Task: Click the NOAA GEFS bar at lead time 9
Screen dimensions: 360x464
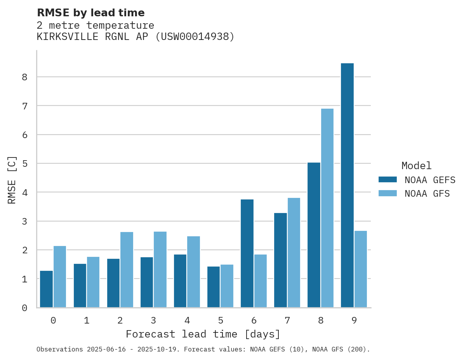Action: point(347,185)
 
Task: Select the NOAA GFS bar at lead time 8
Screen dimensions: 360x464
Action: point(327,208)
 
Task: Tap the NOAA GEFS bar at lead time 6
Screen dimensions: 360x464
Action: point(247,253)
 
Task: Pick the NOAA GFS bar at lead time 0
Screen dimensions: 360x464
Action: point(60,277)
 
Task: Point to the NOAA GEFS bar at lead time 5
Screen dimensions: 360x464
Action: point(214,287)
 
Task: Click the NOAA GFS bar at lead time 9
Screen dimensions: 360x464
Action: point(360,269)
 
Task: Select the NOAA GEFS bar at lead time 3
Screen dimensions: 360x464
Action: point(147,282)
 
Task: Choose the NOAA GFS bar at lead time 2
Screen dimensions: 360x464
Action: point(127,270)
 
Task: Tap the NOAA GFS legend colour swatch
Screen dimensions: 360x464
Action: point(388,193)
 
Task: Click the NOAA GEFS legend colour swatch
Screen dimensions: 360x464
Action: point(388,179)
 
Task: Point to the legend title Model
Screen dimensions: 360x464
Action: point(416,166)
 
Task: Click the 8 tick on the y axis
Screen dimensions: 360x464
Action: point(24,77)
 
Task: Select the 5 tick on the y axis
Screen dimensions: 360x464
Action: point(24,164)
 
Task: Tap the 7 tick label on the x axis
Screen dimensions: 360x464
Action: point(287,320)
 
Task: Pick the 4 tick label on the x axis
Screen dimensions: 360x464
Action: point(187,320)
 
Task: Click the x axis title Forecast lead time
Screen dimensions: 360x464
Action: point(203,334)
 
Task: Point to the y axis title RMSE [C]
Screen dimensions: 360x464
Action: point(12,180)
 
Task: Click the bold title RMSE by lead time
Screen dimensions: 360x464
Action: point(90,13)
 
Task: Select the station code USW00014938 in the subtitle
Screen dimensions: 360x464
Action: point(195,37)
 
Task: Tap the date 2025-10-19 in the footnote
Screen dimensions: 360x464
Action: point(159,350)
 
